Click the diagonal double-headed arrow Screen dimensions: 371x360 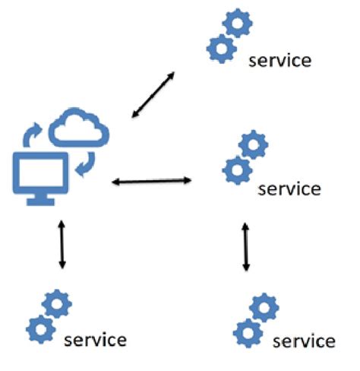[x=152, y=94]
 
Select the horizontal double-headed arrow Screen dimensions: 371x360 [x=151, y=181]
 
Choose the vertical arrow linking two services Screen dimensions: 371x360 [x=245, y=247]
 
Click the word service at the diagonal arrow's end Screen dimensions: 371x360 [x=280, y=60]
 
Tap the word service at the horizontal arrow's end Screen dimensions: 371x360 [x=289, y=187]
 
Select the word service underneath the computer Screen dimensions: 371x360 [x=95, y=338]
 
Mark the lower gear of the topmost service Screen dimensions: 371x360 [x=219, y=47]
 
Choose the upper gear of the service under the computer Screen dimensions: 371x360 [x=58, y=305]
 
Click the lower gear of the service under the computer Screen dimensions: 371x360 [x=39, y=329]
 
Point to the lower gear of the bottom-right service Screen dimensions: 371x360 [x=244, y=332]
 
